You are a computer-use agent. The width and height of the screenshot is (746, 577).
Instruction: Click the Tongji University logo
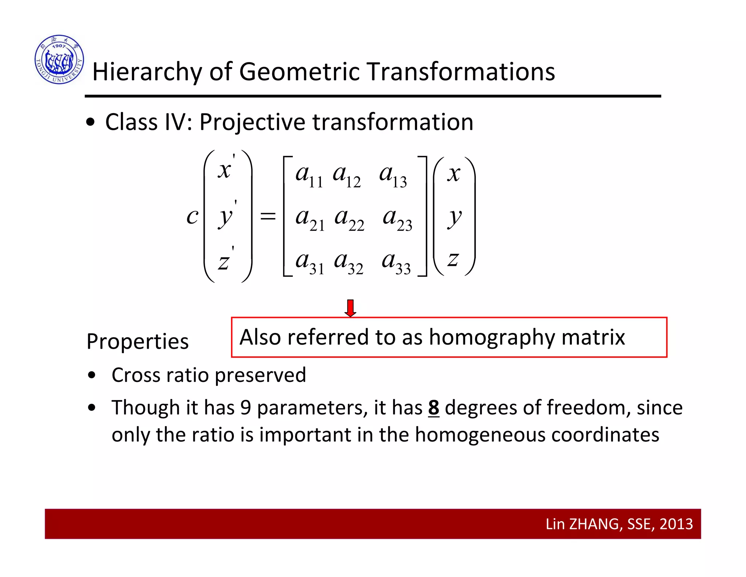click(x=59, y=59)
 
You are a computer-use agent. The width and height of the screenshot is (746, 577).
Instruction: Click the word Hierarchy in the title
click(x=147, y=72)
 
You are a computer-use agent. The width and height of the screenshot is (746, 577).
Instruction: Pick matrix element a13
click(x=393, y=175)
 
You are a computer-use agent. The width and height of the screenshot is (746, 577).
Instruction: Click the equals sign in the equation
click(x=268, y=217)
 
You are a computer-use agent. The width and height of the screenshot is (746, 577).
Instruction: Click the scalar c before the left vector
click(x=192, y=217)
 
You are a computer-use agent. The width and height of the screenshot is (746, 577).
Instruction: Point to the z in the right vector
click(x=453, y=260)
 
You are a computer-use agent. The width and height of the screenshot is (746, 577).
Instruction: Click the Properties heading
click(x=137, y=342)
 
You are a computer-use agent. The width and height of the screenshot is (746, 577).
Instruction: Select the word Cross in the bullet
click(x=136, y=375)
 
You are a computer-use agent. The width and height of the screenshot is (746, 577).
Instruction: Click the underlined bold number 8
click(x=433, y=408)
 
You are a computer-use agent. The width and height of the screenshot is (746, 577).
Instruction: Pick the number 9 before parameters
click(x=246, y=408)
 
